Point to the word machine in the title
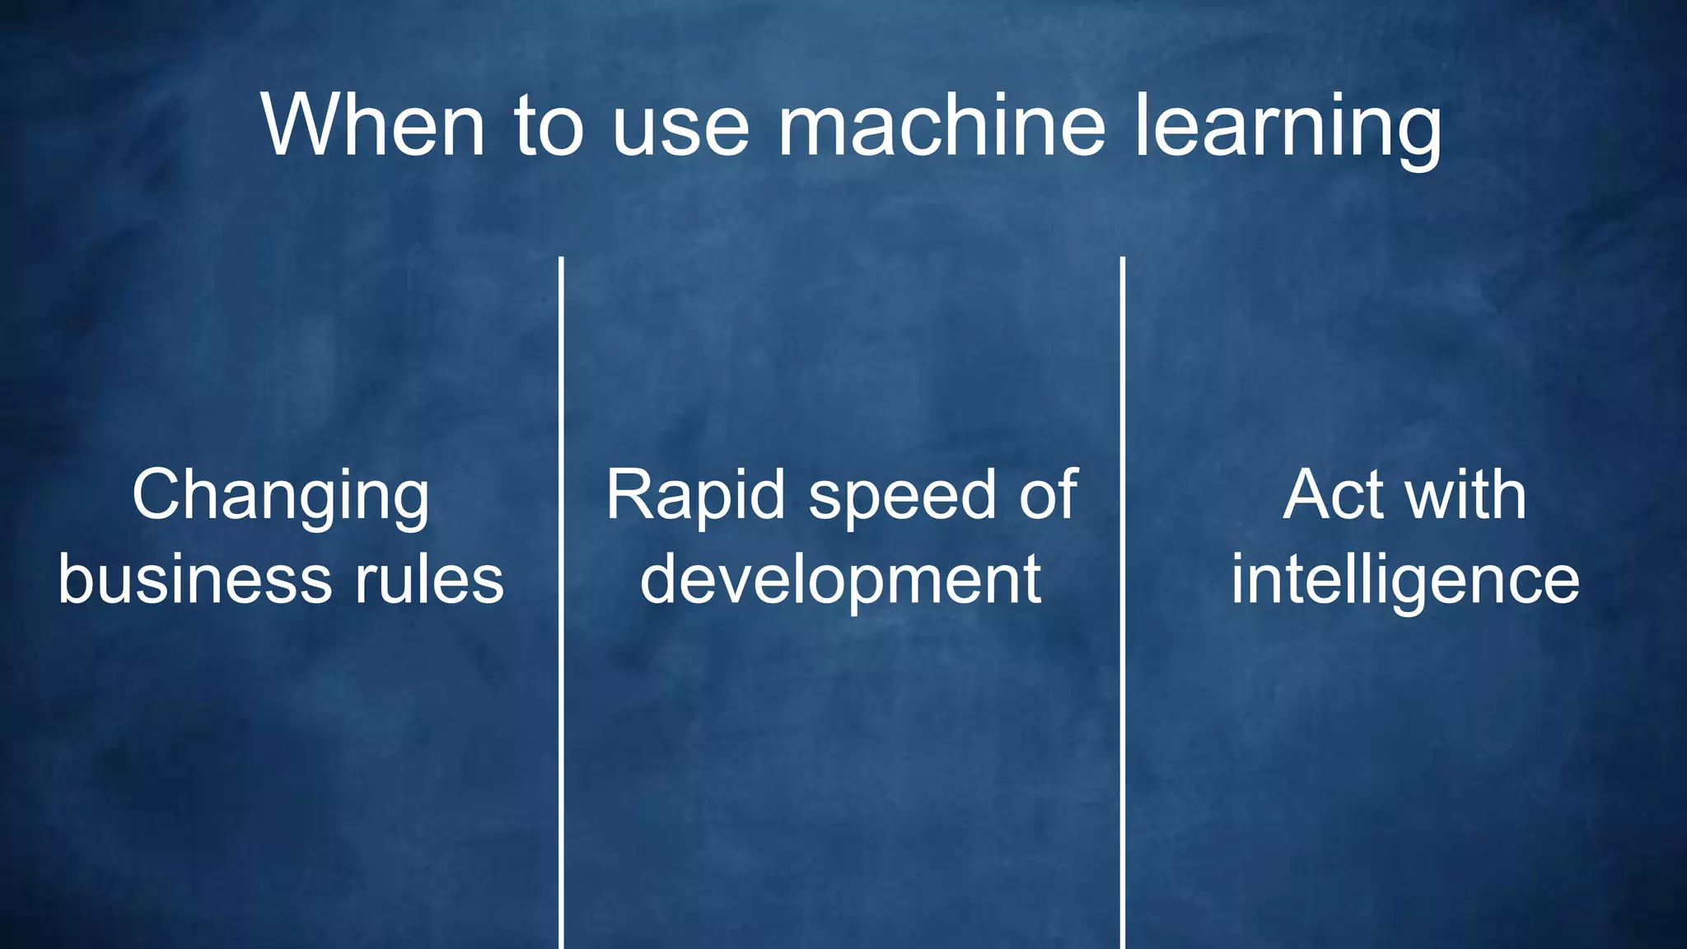[942, 125]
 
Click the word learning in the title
[1287, 128]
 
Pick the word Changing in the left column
[281, 496]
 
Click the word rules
[429, 579]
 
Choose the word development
[841, 581]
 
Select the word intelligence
[1405, 581]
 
